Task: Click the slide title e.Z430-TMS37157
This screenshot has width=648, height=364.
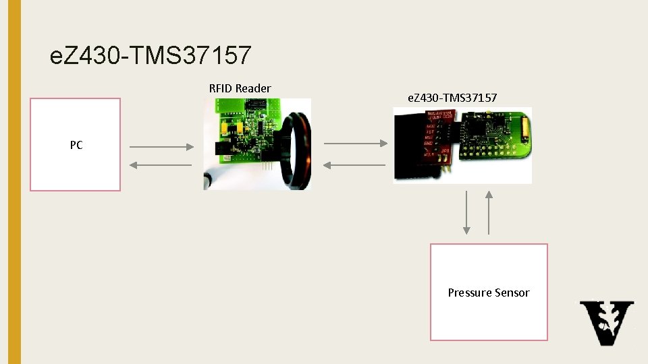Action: [x=150, y=56]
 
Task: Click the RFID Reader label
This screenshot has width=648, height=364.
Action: [x=240, y=88]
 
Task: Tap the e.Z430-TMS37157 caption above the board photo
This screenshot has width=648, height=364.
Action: [x=452, y=98]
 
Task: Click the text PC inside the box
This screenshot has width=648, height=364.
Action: [x=76, y=145]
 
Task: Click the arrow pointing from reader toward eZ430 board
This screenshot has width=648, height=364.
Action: [x=355, y=143]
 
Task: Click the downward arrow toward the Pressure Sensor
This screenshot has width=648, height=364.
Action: [x=466, y=212]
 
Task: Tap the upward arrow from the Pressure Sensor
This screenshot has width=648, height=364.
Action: [x=489, y=212]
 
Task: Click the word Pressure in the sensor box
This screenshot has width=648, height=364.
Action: [x=470, y=293]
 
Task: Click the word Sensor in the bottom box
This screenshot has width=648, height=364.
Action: [x=512, y=293]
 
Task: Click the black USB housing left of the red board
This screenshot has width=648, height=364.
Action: [x=408, y=145]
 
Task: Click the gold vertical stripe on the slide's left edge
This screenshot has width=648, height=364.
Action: [x=10, y=182]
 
